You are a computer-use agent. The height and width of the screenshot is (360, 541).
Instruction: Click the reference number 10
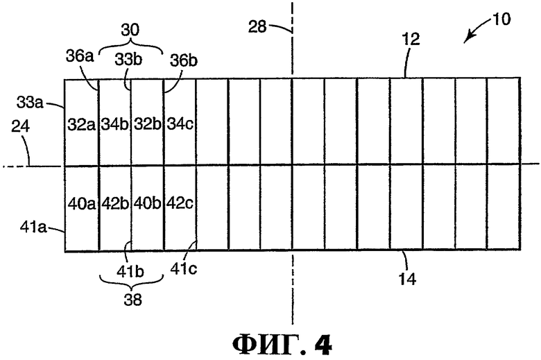[501, 19]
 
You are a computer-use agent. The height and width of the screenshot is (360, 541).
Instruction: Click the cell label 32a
[81, 124]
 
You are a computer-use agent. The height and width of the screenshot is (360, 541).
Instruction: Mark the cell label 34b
[114, 124]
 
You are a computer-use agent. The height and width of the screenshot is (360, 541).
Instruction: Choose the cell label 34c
[180, 124]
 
